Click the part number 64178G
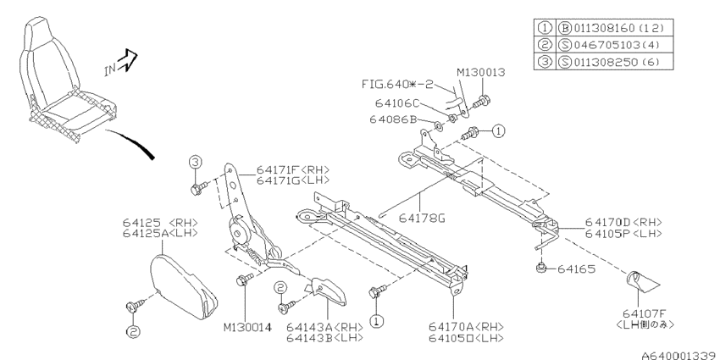pyautogui.click(x=422, y=218)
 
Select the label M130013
pyautogui.click(x=480, y=73)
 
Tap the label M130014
pyautogui.click(x=247, y=328)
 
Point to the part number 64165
pyautogui.click(x=576, y=269)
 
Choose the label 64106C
pyautogui.click(x=397, y=104)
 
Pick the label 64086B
pyautogui.click(x=392, y=119)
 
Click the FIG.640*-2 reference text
pyautogui.click(x=397, y=85)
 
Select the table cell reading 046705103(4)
pyautogui.click(x=615, y=45)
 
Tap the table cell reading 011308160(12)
pyautogui.click(x=615, y=28)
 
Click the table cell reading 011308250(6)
pyautogui.click(x=615, y=62)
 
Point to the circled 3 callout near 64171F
pyautogui.click(x=195, y=162)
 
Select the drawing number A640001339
pyautogui.click(x=680, y=356)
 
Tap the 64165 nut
pyautogui.click(x=541, y=268)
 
